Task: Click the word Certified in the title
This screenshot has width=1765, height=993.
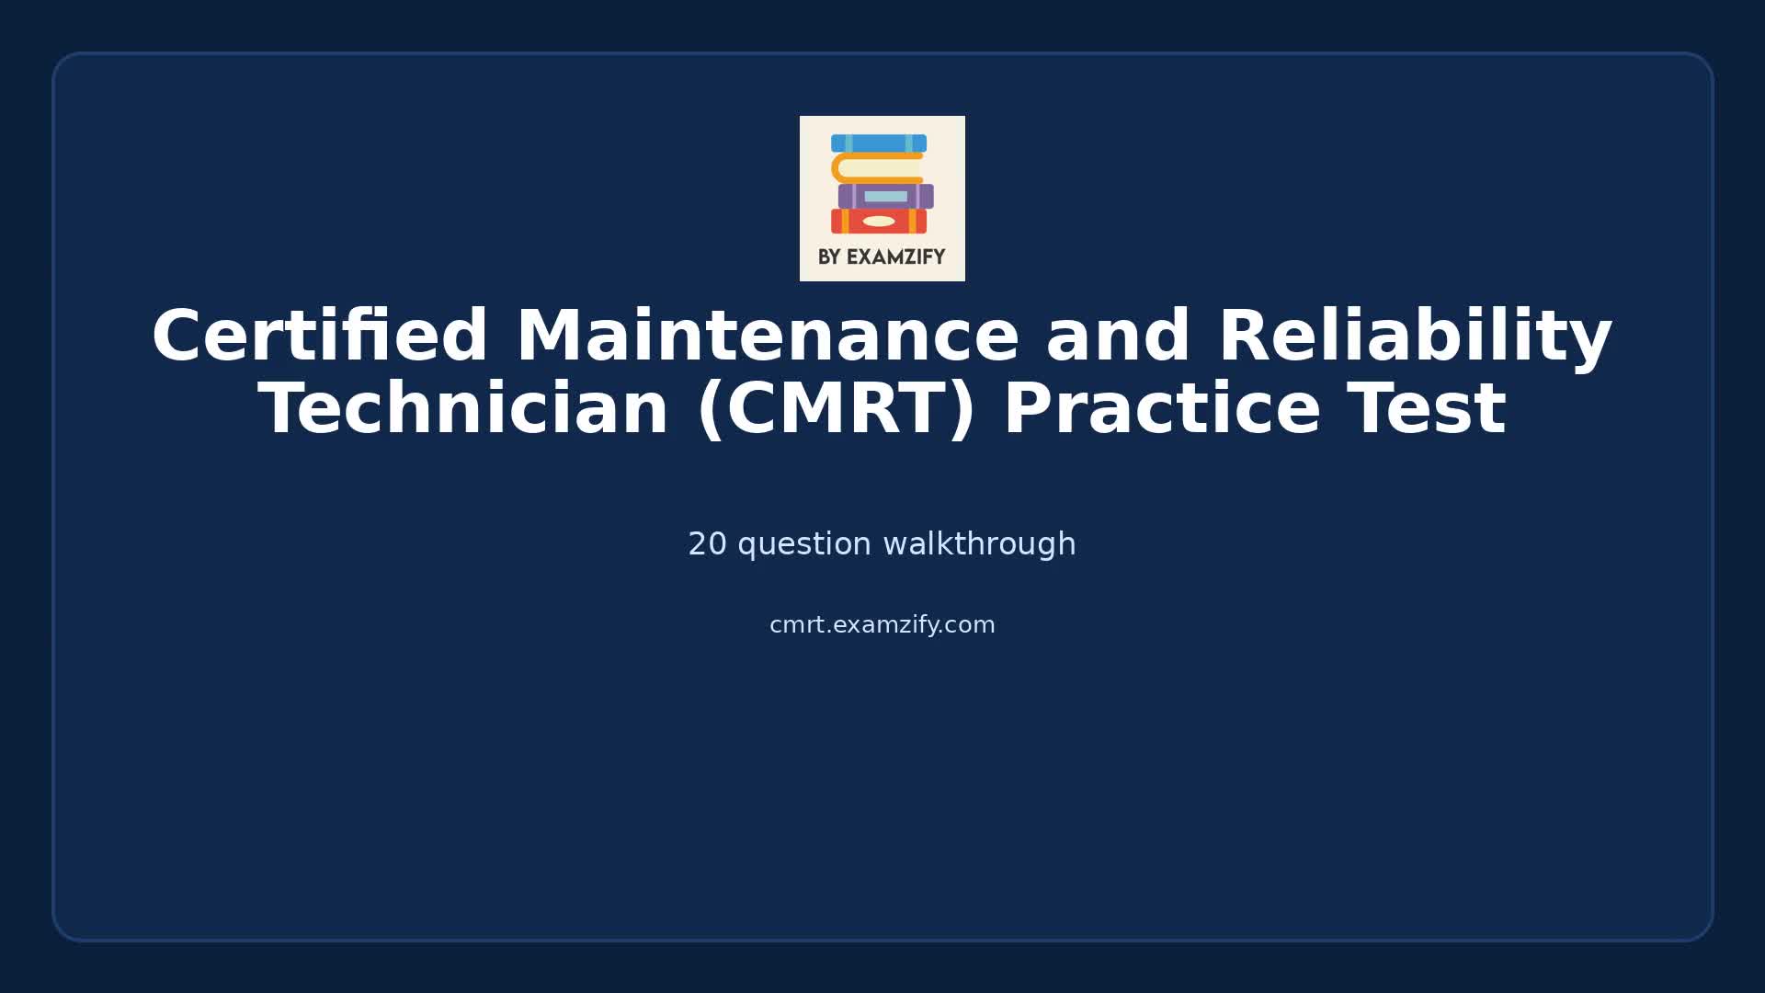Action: (319, 337)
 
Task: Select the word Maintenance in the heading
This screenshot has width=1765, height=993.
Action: (768, 337)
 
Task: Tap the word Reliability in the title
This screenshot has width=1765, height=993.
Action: (1415, 337)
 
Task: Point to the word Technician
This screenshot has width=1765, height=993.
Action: (463, 409)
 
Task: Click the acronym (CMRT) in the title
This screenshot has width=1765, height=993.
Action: (837, 409)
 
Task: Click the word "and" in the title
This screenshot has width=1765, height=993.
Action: (1119, 337)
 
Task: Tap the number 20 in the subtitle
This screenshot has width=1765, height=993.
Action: (707, 544)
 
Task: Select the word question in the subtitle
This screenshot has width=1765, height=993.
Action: (804, 544)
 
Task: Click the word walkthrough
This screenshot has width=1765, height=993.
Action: (979, 544)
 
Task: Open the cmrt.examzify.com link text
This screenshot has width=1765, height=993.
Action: (882, 625)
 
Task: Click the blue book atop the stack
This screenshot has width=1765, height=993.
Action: (879, 143)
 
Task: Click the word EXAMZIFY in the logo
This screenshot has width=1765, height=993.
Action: (895, 257)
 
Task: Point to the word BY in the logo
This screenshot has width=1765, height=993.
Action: (829, 257)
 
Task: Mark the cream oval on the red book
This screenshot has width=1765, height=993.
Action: (879, 222)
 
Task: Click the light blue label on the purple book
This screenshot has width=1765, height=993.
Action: (886, 197)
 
